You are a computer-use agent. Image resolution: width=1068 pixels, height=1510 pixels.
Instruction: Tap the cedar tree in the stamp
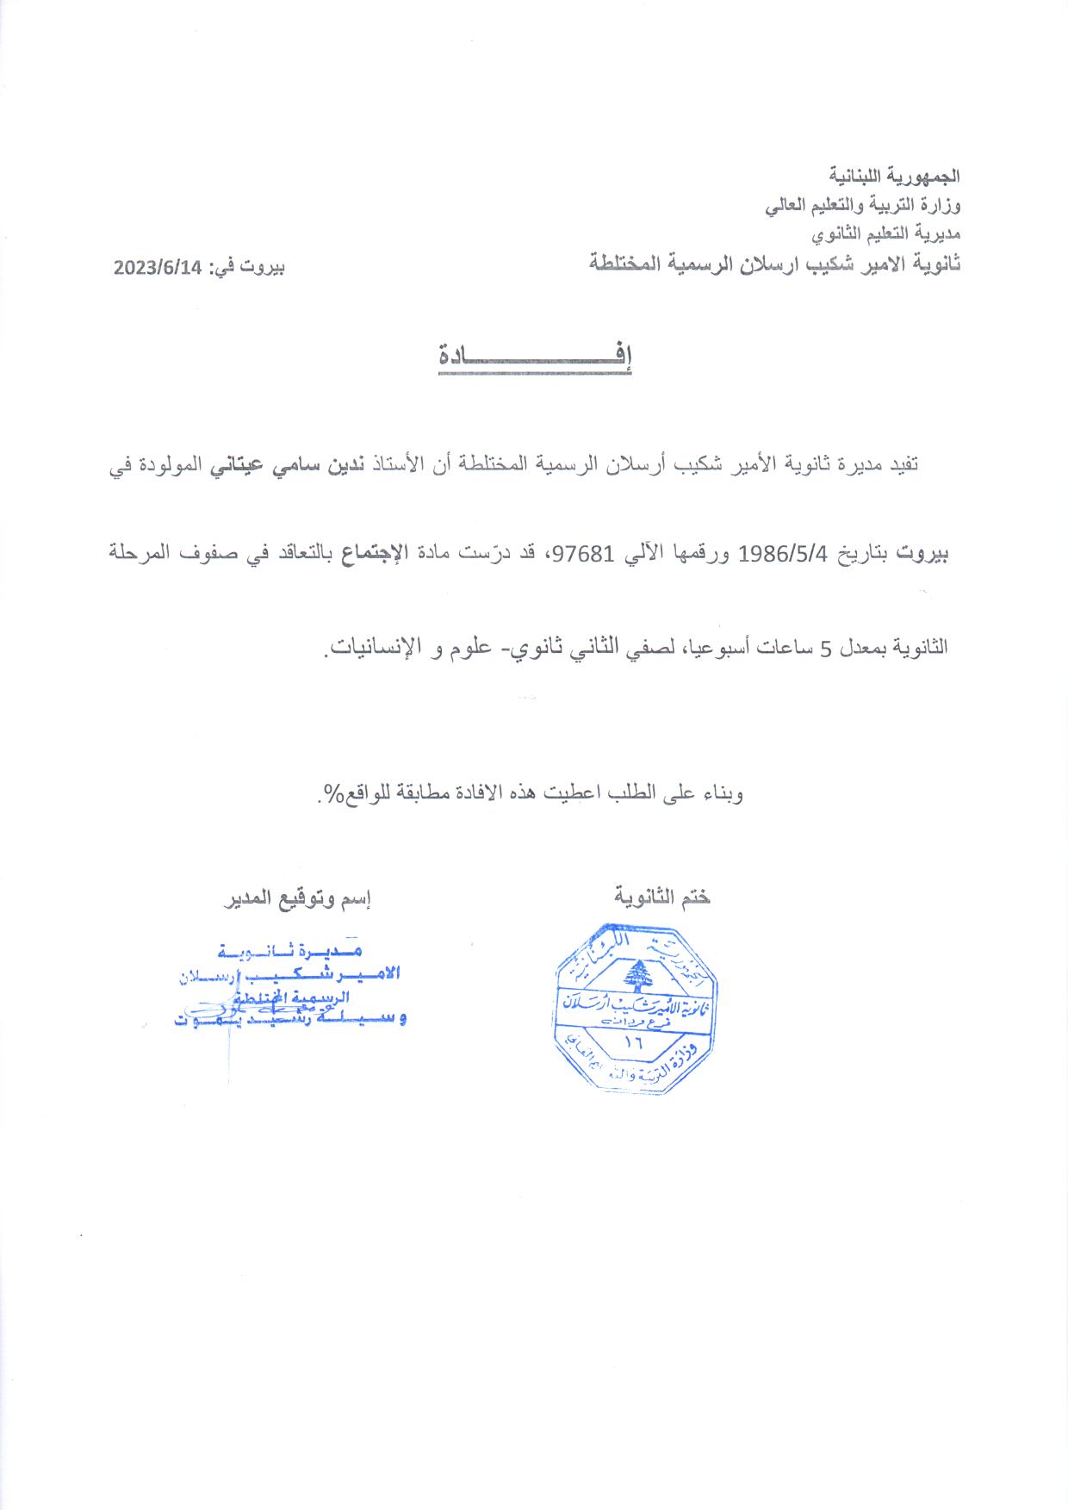pos(637,976)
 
